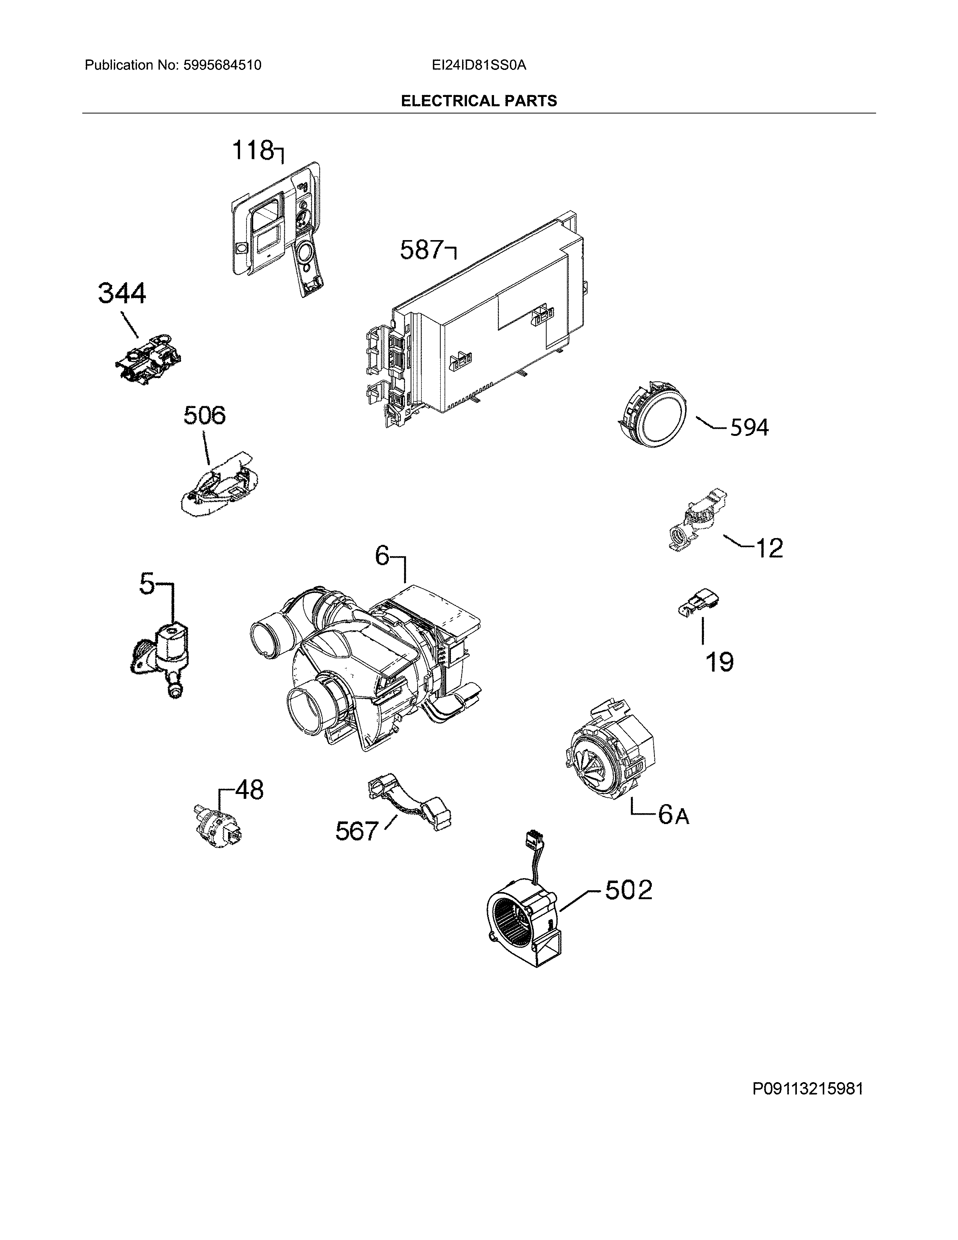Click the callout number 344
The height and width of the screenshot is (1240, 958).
122,293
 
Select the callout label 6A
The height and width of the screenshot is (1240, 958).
674,815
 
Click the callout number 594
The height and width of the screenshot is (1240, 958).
749,428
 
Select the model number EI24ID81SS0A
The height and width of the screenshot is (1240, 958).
478,65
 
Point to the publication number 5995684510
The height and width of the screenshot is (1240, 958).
222,65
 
